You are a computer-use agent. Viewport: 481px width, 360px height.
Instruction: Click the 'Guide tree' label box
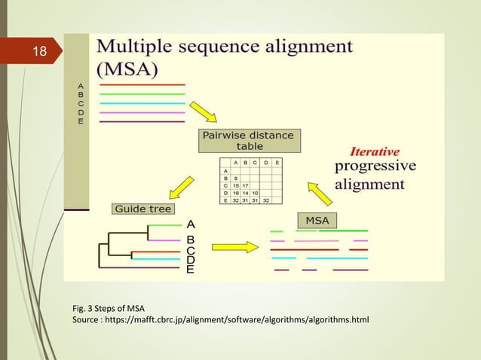click(x=142, y=209)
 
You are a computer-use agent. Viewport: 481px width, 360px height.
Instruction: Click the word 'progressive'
click(x=375, y=165)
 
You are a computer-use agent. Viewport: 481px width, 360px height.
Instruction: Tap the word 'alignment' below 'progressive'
click(x=369, y=184)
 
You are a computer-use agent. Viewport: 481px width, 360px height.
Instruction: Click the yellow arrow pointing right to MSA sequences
click(x=235, y=247)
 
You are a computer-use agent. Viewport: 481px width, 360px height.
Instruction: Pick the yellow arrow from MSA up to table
click(x=320, y=193)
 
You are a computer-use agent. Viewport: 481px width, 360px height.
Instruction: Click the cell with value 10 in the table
click(x=256, y=192)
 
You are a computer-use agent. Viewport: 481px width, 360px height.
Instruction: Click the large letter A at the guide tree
click(x=191, y=224)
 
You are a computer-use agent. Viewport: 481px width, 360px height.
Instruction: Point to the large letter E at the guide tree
click(x=190, y=268)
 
